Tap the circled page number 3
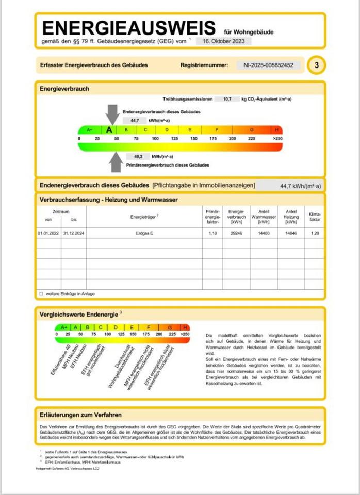[x=316, y=65]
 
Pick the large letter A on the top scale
[x=109, y=130]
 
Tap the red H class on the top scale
[x=277, y=130]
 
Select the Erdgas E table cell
[x=144, y=233]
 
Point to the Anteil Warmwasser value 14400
[x=264, y=233]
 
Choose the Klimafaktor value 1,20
[x=315, y=233]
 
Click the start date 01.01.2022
[x=48, y=233]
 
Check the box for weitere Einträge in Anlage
[x=41, y=293]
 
